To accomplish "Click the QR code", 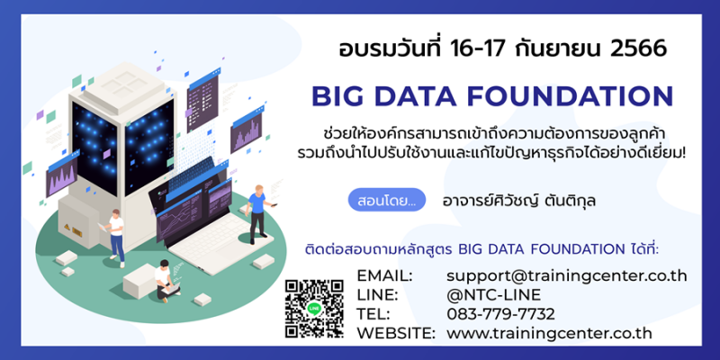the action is (314, 309).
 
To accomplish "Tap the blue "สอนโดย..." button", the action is (387, 200).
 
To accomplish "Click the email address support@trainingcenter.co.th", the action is (567, 276).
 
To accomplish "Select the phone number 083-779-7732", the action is (501, 314).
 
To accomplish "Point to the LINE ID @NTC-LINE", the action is (493, 295).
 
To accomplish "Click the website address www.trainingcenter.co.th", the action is (549, 333).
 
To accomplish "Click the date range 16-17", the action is (488, 49).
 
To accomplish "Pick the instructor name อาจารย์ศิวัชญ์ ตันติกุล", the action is (519, 200).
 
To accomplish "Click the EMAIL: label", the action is (385, 276).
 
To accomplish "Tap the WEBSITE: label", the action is (396, 333).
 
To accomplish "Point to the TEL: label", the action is (373, 314).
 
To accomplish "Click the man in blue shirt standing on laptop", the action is (258, 214).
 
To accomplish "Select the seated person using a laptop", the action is (166, 280).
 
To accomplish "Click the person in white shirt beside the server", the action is (115, 238).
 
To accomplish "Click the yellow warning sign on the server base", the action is (67, 227).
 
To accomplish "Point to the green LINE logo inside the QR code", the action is (314, 309).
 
